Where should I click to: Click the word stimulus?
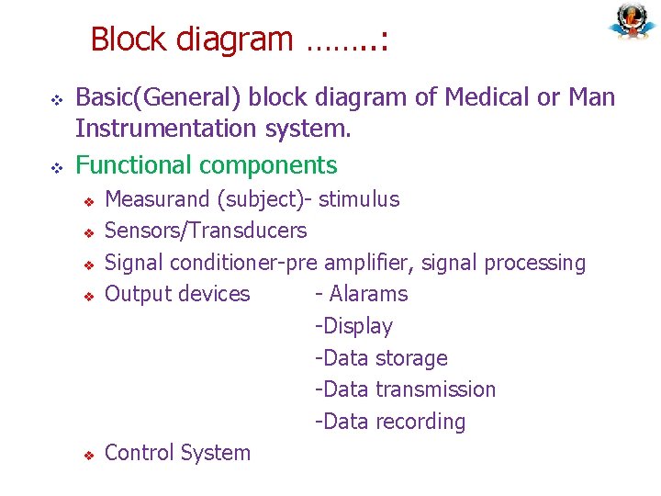[x=359, y=199]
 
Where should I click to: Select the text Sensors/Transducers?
[x=206, y=231]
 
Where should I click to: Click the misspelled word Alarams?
[x=368, y=294]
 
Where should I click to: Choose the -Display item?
[x=353, y=326]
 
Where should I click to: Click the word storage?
[x=411, y=358]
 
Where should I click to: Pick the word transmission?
[x=435, y=389]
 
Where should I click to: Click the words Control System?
[x=177, y=453]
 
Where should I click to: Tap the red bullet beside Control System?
[x=90, y=455]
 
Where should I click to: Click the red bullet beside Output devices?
[x=90, y=296]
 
